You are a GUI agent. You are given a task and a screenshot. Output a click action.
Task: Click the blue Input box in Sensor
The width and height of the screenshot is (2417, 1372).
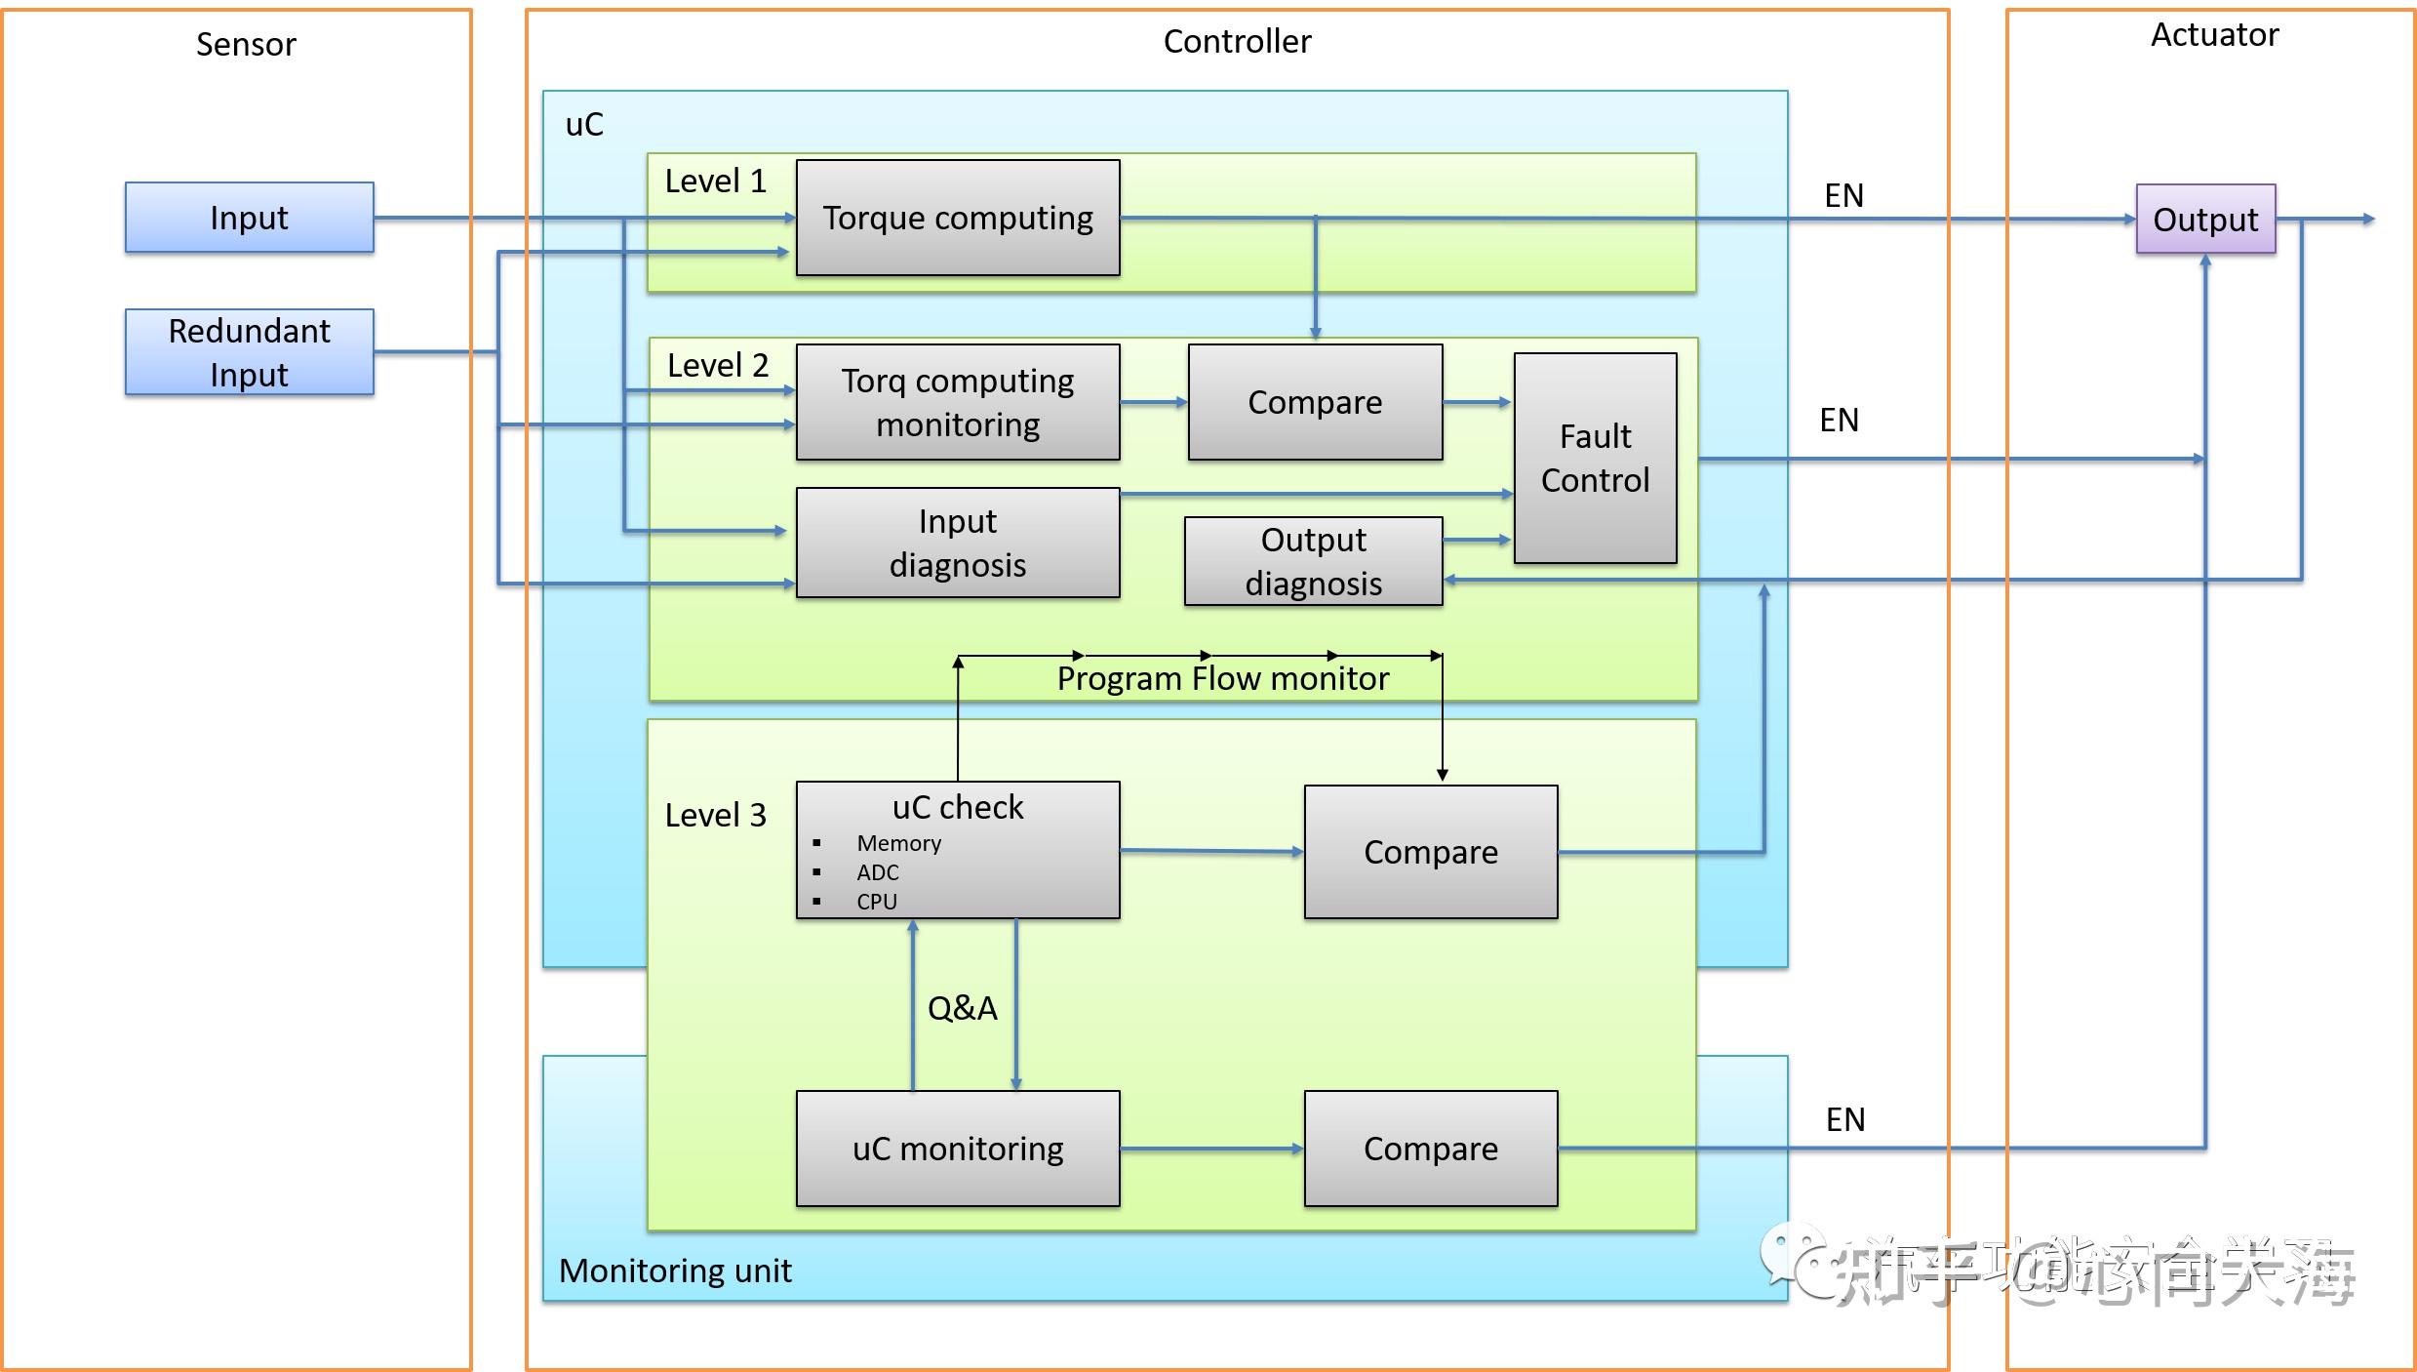(x=249, y=218)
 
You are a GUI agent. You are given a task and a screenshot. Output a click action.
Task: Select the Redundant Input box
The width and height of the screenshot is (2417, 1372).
(x=249, y=352)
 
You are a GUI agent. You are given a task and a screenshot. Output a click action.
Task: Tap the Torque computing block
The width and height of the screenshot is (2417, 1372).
(x=957, y=218)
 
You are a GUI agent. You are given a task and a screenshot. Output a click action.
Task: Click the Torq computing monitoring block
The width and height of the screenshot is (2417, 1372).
(x=957, y=402)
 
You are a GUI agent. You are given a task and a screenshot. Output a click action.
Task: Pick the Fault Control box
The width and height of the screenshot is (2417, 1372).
(x=1595, y=458)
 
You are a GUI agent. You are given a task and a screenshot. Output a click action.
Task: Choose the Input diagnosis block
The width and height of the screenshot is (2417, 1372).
(x=957, y=543)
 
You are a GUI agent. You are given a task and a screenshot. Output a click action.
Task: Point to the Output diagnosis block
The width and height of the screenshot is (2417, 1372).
(x=1313, y=561)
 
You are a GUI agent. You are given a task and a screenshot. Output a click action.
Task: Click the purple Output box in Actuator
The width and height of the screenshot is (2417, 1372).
(x=2204, y=220)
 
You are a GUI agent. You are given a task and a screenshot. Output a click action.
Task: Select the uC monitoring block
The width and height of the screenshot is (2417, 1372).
(x=957, y=1149)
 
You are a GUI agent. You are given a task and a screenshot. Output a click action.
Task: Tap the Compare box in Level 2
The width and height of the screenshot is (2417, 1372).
(x=1314, y=402)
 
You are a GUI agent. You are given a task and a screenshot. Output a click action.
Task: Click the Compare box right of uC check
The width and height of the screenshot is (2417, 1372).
(x=1430, y=852)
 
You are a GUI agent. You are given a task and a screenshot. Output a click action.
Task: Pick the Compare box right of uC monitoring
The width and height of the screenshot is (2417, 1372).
(x=1430, y=1149)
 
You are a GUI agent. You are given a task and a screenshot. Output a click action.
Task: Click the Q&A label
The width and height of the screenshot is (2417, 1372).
(x=962, y=1008)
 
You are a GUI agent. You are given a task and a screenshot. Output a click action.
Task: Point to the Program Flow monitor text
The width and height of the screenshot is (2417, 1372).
(x=1222, y=678)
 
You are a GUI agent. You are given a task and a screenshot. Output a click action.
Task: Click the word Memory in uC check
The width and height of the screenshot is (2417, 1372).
(x=898, y=843)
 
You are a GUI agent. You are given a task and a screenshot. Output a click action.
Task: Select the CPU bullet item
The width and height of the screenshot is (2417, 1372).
(x=876, y=902)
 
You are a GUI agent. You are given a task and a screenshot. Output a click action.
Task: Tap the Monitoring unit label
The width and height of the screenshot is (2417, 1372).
(x=675, y=1271)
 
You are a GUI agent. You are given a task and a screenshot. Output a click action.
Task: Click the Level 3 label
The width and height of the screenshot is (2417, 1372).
(x=715, y=815)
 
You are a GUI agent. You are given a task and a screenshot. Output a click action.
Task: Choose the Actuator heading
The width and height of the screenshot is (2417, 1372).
(x=2214, y=35)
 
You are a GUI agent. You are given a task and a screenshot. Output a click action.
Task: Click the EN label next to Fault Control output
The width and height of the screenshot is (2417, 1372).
(x=1839, y=421)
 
